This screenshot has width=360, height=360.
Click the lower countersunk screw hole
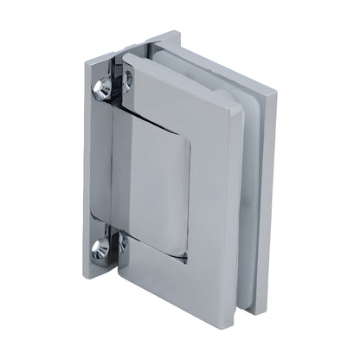tap(101, 251)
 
